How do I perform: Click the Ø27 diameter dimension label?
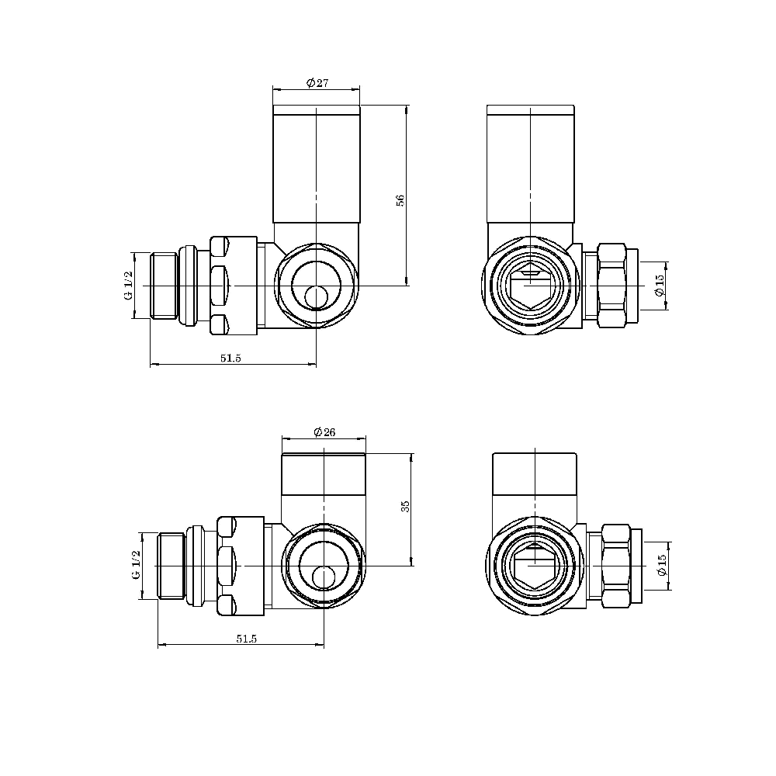pyautogui.click(x=317, y=83)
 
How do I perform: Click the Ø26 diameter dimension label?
pyautogui.click(x=324, y=433)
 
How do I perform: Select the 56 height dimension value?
pyautogui.click(x=400, y=199)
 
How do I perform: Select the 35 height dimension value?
pyautogui.click(x=405, y=506)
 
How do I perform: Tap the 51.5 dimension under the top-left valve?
pyautogui.click(x=231, y=358)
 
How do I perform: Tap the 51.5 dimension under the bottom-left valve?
pyautogui.click(x=245, y=638)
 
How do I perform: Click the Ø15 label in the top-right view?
pyautogui.click(x=660, y=286)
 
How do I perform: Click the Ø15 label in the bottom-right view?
pyautogui.click(x=662, y=566)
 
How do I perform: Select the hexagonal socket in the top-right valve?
pyautogui.click(x=530, y=286)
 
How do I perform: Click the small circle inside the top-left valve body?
pyautogui.click(x=316, y=297)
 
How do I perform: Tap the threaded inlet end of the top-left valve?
pyautogui.click(x=163, y=286)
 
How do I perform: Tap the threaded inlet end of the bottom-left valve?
pyautogui.click(x=171, y=566)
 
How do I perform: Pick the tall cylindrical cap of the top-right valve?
pyautogui.click(x=530, y=167)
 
